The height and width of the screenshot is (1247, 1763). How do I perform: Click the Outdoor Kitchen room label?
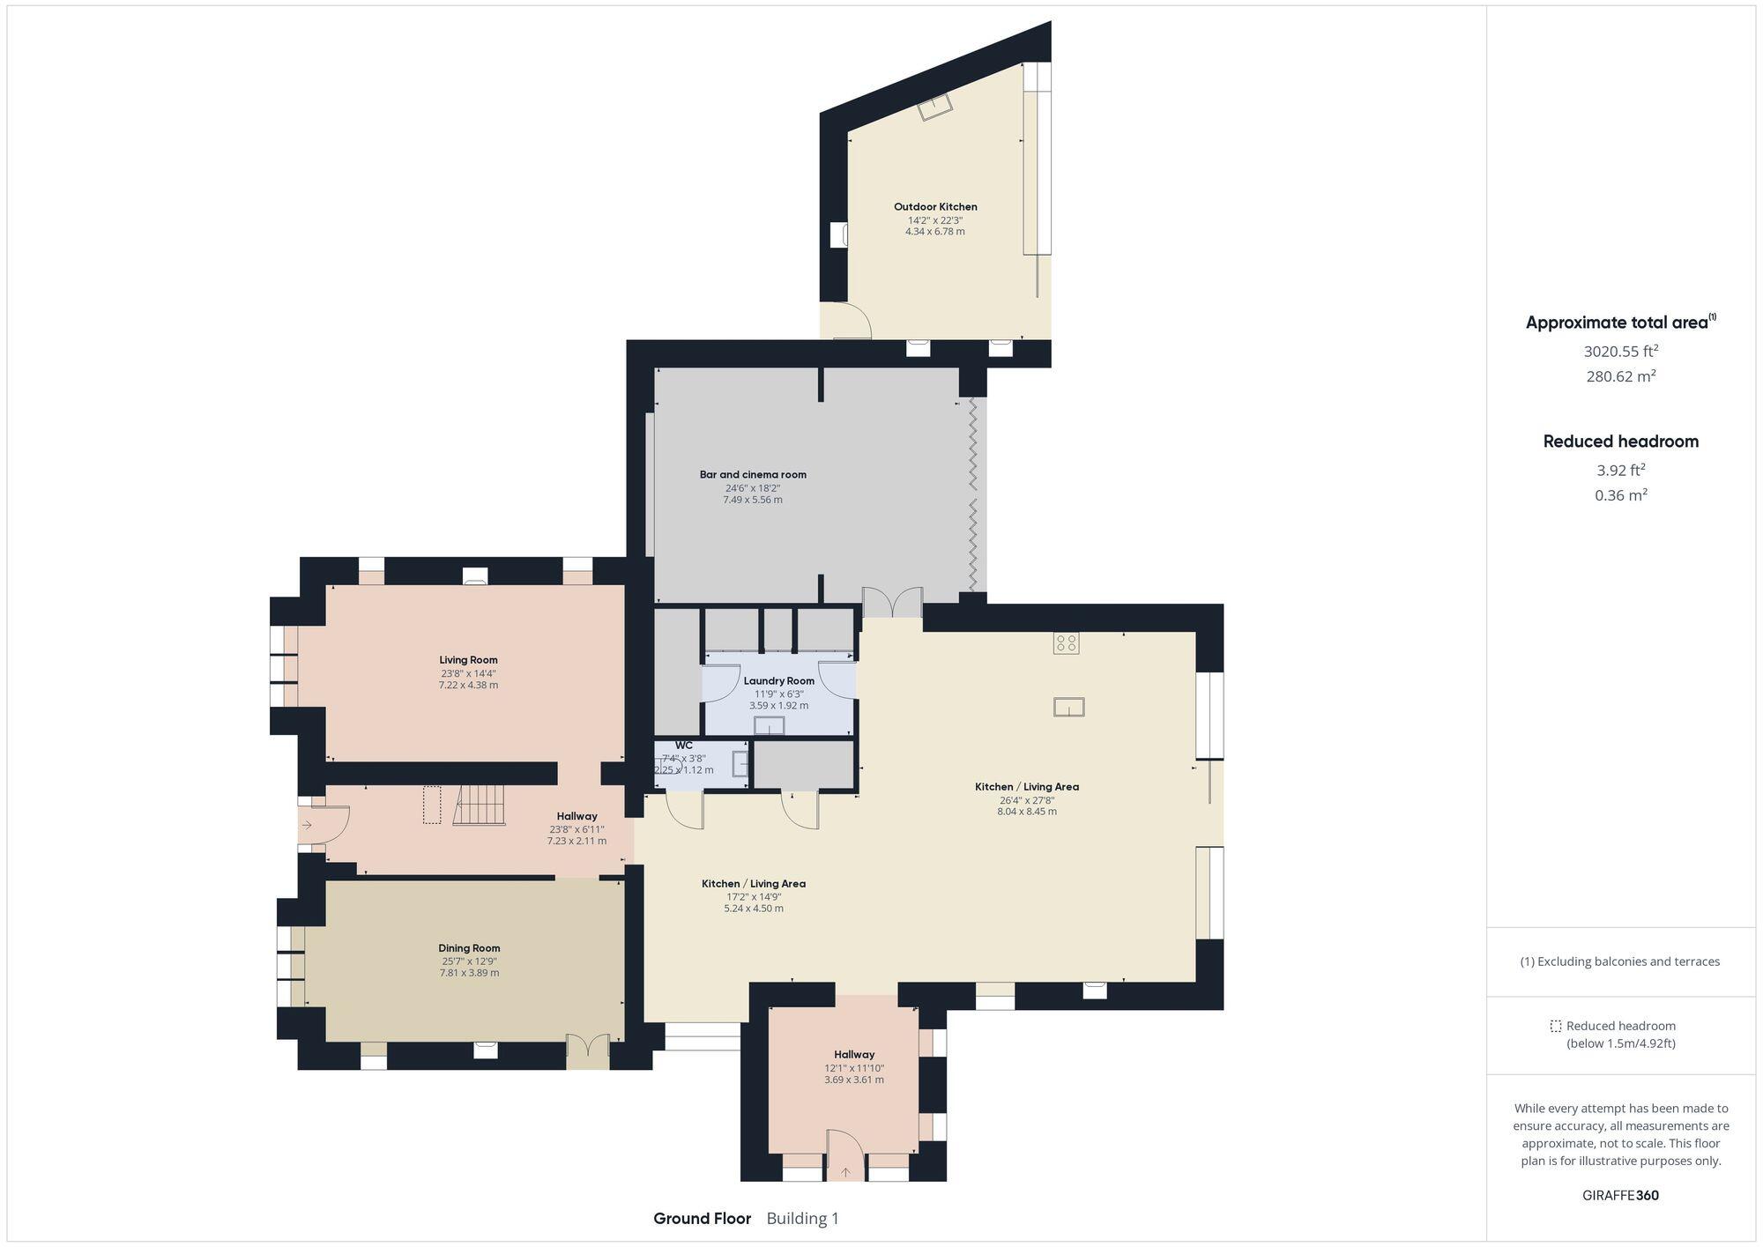tap(935, 207)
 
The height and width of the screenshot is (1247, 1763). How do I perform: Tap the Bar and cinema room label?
tap(753, 475)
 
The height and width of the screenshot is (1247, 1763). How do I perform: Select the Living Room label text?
tap(468, 660)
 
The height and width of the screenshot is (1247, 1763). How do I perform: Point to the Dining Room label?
tap(469, 948)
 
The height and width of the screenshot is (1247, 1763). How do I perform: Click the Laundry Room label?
tap(778, 681)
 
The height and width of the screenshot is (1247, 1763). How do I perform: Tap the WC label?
tap(684, 746)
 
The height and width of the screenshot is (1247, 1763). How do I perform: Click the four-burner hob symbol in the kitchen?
tap(1066, 643)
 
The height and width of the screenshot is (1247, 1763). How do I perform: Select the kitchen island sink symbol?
tap(1068, 707)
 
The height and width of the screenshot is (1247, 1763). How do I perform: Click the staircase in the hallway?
tap(480, 805)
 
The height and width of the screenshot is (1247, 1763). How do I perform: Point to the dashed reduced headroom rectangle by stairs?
tap(431, 805)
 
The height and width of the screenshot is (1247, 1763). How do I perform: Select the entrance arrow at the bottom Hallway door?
tap(846, 1172)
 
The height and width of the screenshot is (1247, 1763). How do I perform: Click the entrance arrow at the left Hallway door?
tap(307, 825)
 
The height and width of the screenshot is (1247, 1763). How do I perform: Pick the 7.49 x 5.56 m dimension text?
tap(753, 500)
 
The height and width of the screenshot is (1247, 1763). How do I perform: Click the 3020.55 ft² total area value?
tap(1620, 352)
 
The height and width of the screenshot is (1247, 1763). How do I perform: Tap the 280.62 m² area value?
tap(1620, 377)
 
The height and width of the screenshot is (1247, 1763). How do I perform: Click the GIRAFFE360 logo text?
tap(1620, 1196)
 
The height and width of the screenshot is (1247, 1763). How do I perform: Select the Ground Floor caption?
tap(702, 1219)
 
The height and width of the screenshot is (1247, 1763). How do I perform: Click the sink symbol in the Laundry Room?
tap(769, 725)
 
